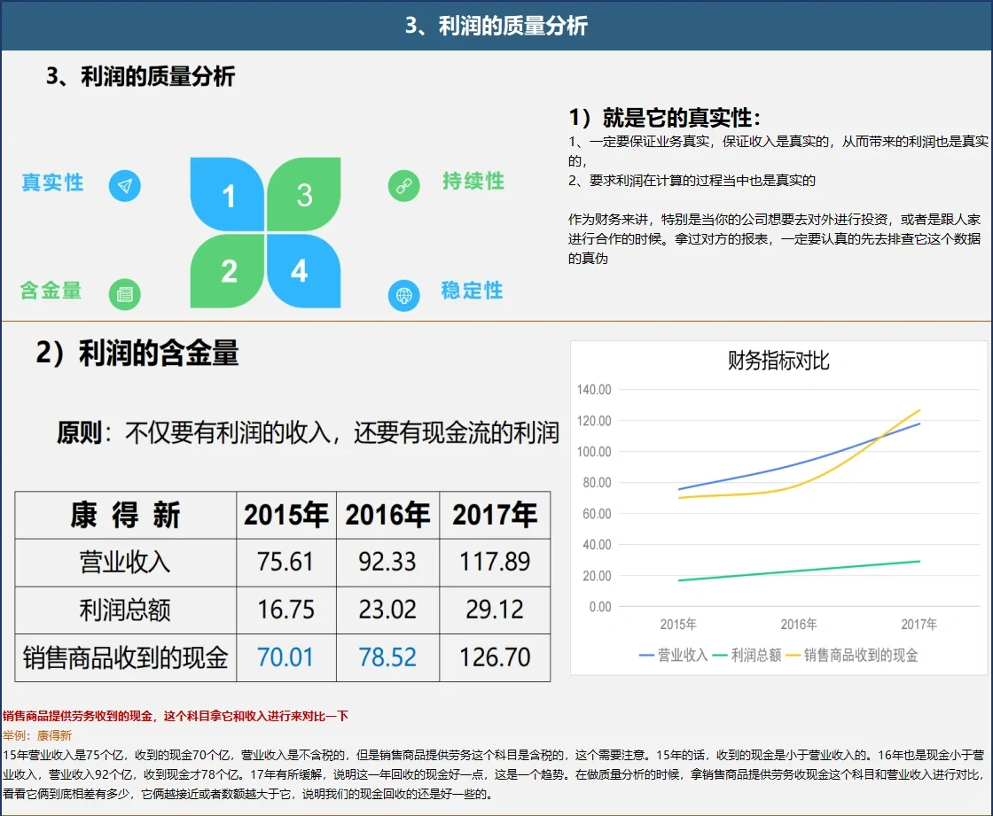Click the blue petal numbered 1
(x=228, y=195)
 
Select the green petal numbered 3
(x=304, y=195)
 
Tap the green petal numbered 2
(x=228, y=270)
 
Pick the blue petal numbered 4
(x=302, y=270)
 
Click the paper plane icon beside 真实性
(x=125, y=186)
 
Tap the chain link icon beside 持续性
(x=403, y=186)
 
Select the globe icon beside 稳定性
(x=403, y=295)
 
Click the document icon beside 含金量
(x=125, y=295)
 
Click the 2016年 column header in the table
(x=387, y=515)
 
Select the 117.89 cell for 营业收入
(x=495, y=562)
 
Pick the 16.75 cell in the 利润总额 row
(x=285, y=610)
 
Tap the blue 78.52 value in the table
(x=387, y=657)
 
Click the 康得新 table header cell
(x=125, y=515)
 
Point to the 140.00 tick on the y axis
(x=594, y=390)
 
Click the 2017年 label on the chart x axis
(x=919, y=625)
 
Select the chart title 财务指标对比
(x=778, y=361)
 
